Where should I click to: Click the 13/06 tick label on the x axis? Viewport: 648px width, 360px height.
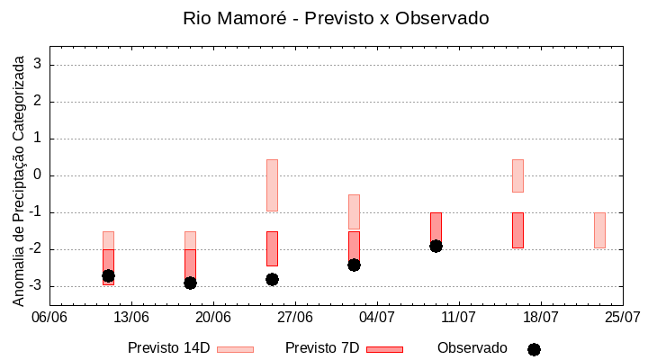pyautogui.click(x=131, y=317)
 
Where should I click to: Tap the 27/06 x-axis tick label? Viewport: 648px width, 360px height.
pyautogui.click(x=295, y=317)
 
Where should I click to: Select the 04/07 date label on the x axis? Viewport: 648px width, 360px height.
pyautogui.click(x=377, y=317)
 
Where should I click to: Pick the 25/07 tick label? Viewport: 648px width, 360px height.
pyautogui.click(x=623, y=317)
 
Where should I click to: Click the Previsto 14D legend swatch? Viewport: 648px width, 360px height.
pyautogui.click(x=235, y=349)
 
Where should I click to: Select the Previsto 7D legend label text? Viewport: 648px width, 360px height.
pyautogui.click(x=322, y=348)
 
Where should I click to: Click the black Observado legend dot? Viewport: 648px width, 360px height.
pyautogui.click(x=534, y=349)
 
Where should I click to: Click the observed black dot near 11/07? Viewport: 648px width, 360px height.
pyautogui.click(x=436, y=246)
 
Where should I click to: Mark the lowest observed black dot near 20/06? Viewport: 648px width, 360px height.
pyautogui.click(x=190, y=283)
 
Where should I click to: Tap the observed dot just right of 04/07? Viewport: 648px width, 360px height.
pyautogui.click(x=354, y=265)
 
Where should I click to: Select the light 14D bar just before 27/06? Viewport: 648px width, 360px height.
pyautogui.click(x=272, y=184)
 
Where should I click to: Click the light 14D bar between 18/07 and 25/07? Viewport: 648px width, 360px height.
pyautogui.click(x=599, y=229)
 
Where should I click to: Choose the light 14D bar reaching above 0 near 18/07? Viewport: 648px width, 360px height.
pyautogui.click(x=517, y=175)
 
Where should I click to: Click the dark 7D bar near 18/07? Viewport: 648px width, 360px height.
pyautogui.click(x=517, y=229)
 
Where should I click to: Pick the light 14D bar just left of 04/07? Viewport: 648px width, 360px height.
pyautogui.click(x=354, y=211)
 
